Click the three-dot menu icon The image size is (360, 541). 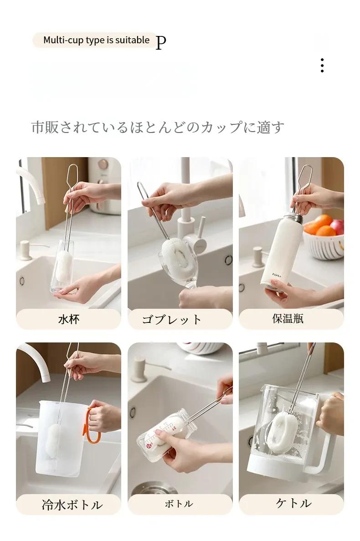322,65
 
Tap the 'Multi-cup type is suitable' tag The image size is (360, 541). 96,40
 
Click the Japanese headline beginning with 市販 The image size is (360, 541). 158,128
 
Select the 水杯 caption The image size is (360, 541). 69,319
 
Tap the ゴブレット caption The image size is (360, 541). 171,319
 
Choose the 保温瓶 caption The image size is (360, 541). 288,318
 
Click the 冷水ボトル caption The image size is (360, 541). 72,505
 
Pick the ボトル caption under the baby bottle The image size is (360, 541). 179,504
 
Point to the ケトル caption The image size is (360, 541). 293,503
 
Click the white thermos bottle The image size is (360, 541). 281,251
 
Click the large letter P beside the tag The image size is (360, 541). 161,42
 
